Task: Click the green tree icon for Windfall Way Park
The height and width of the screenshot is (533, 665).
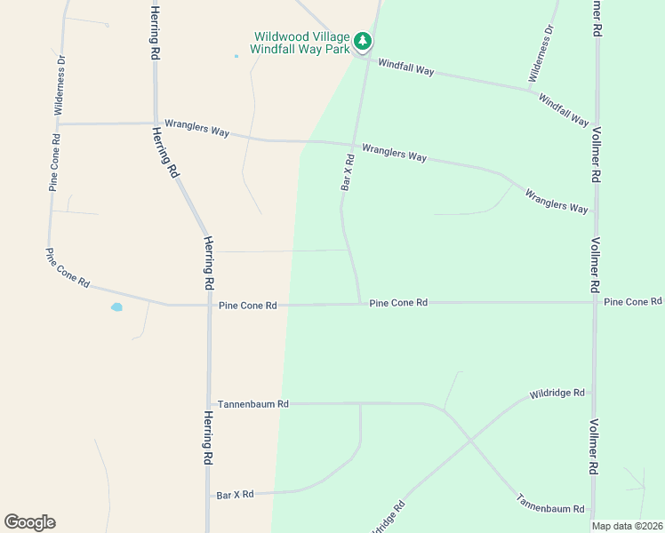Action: point(362,40)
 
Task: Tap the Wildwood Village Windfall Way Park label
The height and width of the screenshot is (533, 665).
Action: point(302,42)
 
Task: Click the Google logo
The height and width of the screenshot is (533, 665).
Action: point(29,522)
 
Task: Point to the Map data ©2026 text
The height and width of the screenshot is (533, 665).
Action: point(627,526)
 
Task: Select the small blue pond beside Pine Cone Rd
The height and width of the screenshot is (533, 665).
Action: point(116,307)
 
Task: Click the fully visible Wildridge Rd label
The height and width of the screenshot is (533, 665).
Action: point(557,393)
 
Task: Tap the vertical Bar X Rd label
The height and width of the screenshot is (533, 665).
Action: point(349,172)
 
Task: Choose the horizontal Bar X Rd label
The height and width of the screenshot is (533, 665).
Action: point(236,494)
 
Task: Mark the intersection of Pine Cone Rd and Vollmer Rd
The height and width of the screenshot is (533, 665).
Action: point(595,302)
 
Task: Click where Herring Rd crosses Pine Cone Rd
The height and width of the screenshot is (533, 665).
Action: point(208,305)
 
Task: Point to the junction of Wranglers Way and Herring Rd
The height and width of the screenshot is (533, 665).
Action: point(156,123)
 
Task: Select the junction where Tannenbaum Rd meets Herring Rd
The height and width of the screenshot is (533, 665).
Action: point(208,403)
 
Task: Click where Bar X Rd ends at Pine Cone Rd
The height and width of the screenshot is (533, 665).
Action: point(359,304)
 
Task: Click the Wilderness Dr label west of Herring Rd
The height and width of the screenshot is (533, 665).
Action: point(60,85)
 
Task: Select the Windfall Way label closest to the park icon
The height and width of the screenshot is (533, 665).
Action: point(405,67)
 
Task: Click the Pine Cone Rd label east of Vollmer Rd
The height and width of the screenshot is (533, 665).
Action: point(633,302)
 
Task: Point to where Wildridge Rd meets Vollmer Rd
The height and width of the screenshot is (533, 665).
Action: point(593,390)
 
